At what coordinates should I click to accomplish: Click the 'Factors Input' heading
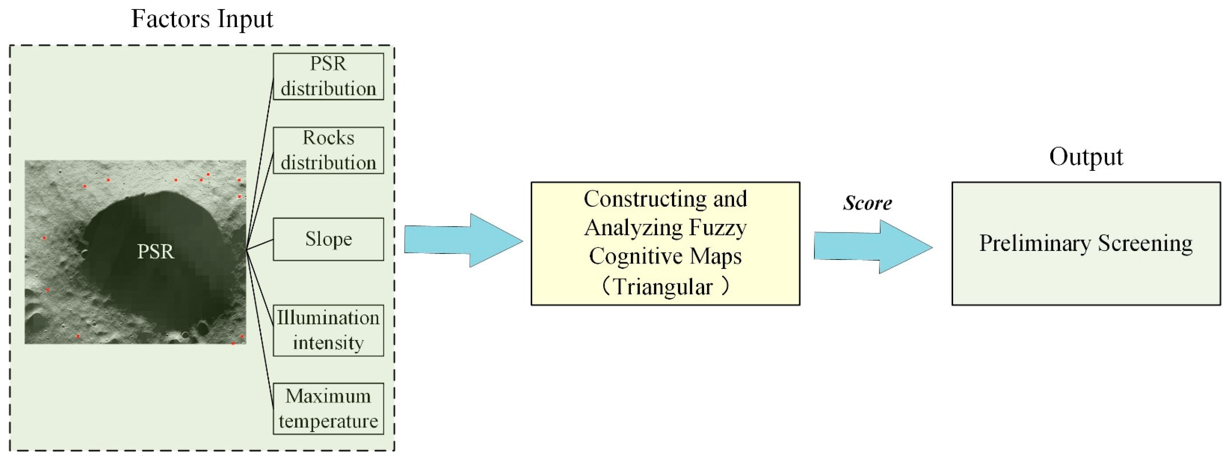point(202,19)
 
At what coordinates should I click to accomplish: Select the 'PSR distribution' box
point(328,76)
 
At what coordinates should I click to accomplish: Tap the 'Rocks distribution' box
point(328,150)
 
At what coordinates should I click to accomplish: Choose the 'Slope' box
point(328,239)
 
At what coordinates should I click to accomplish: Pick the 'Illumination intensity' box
point(328,330)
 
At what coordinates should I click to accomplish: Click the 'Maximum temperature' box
point(328,409)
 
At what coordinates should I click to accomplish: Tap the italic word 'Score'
point(867,203)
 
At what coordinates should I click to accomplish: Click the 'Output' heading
point(1086,157)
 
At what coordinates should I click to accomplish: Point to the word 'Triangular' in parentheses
point(663,287)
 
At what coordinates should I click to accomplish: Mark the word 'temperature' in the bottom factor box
point(329,421)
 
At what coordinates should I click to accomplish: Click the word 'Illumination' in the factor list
point(329,318)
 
